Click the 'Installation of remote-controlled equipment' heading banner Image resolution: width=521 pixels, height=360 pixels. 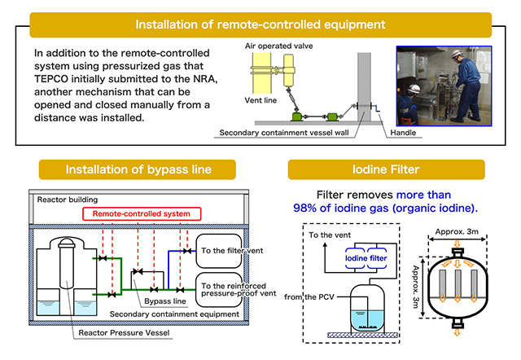[260, 25]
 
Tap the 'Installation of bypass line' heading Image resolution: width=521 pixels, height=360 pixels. [138, 169]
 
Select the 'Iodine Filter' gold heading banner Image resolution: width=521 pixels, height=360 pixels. [386, 169]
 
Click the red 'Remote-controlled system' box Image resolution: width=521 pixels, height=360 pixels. [142, 213]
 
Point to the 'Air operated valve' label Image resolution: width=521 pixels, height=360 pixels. [278, 46]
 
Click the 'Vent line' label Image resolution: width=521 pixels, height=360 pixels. [260, 100]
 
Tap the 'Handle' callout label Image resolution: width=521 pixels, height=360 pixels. [403, 133]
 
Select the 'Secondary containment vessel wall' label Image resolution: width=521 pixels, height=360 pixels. [284, 133]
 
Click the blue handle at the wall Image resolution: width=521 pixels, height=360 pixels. [376, 108]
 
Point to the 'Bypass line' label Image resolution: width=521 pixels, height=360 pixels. [165, 301]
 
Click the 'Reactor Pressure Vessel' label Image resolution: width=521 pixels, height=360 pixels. [124, 333]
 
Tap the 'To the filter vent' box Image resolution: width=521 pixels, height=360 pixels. [219, 251]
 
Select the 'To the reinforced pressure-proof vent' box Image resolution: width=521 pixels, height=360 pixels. [219, 290]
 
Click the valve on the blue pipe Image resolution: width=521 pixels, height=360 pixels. [187, 251]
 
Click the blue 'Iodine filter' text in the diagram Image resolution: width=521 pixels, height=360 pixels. [366, 258]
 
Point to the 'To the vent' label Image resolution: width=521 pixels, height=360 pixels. [330, 235]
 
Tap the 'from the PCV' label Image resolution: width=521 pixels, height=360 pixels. [309, 296]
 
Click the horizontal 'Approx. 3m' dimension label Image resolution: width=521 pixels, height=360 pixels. [457, 231]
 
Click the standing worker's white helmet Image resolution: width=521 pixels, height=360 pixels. [457, 54]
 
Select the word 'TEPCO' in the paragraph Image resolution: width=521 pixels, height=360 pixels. [51, 79]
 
